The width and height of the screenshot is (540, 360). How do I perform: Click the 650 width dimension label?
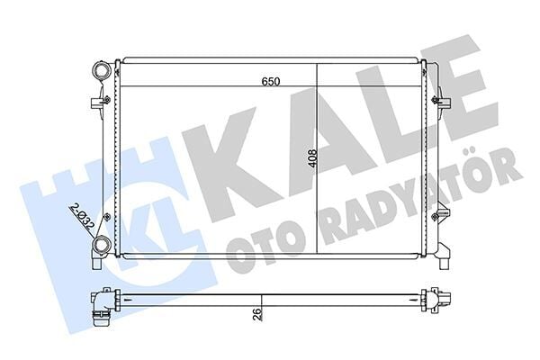click(271, 81)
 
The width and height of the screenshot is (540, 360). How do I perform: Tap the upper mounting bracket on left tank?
click(96, 103)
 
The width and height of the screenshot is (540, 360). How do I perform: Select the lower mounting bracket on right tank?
click(440, 216)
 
